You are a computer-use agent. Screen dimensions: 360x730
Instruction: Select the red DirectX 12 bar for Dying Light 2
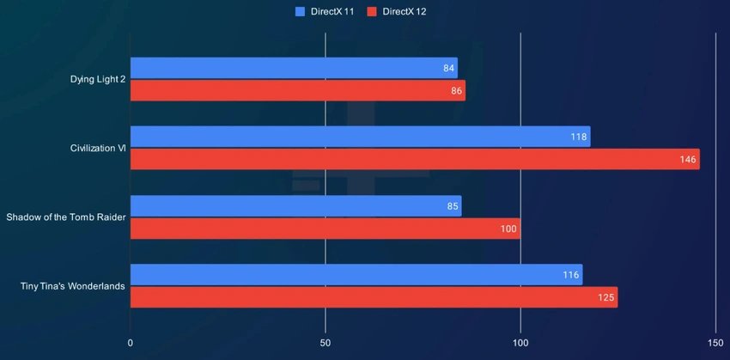(x=297, y=91)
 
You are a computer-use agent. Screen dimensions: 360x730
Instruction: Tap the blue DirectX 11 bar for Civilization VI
(x=360, y=137)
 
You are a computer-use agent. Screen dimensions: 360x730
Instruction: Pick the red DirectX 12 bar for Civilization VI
(x=415, y=160)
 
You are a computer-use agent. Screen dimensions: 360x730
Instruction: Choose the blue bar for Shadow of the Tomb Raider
(x=295, y=206)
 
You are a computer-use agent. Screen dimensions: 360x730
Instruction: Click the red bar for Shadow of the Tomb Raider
(x=325, y=229)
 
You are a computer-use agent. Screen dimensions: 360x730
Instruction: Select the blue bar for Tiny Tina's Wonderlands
(x=356, y=275)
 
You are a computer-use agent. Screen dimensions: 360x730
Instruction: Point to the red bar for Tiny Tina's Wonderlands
(x=374, y=297)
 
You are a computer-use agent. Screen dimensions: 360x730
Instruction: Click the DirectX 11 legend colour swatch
(x=300, y=11)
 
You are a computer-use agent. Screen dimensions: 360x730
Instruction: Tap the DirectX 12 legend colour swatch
(x=371, y=11)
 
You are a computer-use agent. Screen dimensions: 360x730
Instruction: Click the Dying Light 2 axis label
(x=98, y=80)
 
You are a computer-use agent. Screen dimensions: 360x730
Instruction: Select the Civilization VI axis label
(x=98, y=149)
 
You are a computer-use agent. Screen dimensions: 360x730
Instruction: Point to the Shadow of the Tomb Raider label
(x=66, y=217)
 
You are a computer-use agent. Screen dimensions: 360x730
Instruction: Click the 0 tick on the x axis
(x=131, y=343)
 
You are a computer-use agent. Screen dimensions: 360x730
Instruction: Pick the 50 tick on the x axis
(x=325, y=343)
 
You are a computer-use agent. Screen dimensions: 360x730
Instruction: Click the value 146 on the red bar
(x=687, y=160)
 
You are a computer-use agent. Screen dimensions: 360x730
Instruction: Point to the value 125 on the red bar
(x=605, y=297)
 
